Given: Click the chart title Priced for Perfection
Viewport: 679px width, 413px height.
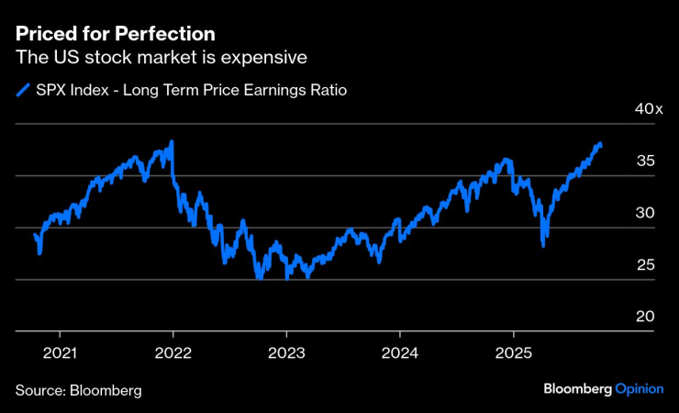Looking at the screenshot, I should [x=115, y=34].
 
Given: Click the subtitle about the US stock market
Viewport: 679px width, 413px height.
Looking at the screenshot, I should [x=161, y=58].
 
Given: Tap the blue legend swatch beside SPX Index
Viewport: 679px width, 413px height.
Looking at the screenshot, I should [x=22, y=90].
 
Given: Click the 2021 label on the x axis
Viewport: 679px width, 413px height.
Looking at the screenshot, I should [x=60, y=352].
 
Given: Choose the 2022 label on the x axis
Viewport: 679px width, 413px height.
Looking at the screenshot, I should [x=173, y=352].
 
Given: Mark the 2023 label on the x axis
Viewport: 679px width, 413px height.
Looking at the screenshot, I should [x=286, y=352].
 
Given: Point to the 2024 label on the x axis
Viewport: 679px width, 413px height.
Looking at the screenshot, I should [x=400, y=352].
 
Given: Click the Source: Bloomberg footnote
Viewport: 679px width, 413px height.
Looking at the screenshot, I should [x=78, y=390].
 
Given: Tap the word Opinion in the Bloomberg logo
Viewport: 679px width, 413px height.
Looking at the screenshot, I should [x=639, y=389].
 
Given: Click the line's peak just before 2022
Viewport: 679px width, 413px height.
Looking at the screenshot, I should [x=172, y=142].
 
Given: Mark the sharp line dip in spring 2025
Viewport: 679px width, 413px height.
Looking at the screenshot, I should [x=544, y=245].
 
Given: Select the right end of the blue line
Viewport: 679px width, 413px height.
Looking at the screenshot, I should [x=601, y=144].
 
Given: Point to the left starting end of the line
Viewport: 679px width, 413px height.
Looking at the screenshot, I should [x=34, y=235].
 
